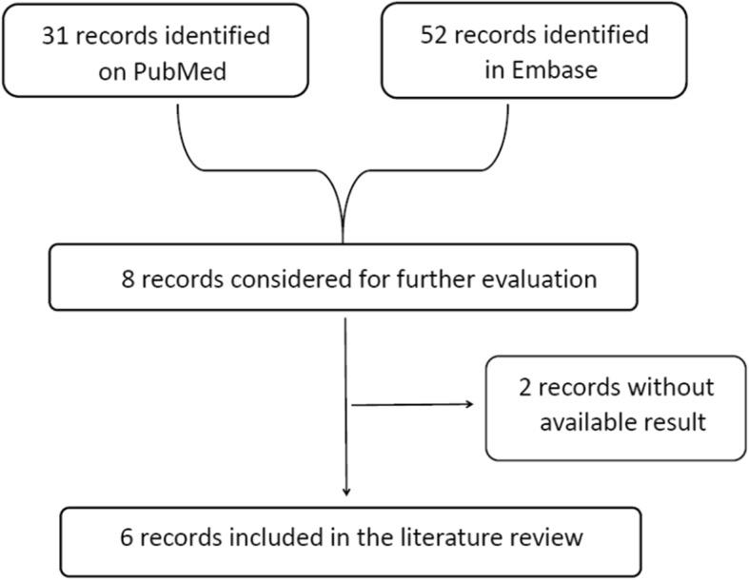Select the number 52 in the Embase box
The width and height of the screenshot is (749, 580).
point(435,37)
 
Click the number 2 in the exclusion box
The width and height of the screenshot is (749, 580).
point(525,388)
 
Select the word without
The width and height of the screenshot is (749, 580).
point(667,388)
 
